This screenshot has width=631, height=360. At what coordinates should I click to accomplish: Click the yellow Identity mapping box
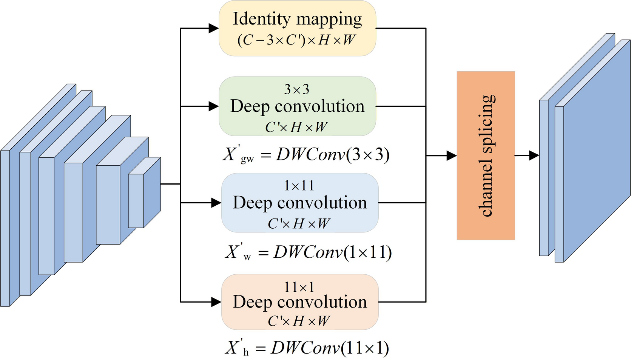297,28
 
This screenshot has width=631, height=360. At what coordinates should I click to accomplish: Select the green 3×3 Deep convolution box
297,106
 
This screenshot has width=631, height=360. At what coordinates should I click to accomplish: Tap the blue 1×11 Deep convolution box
299,203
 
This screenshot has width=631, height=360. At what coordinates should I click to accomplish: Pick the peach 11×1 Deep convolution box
299,302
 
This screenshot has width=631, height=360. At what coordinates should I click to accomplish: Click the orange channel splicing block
486,155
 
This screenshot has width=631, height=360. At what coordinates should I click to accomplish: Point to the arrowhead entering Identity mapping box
214,28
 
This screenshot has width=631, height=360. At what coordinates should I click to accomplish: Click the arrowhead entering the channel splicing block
452,155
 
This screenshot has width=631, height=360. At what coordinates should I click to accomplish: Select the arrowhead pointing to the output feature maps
534,155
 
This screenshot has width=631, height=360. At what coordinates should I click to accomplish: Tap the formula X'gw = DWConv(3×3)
306,155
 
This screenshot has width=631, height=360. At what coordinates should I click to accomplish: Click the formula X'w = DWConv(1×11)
308,252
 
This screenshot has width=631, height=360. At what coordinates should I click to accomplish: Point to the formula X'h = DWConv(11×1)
307,348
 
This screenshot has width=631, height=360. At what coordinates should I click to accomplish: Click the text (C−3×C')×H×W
296,40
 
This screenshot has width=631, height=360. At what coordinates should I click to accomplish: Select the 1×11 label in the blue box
299,186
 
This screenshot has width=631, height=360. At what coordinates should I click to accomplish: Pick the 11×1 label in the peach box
299,287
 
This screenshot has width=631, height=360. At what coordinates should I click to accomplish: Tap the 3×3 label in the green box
297,89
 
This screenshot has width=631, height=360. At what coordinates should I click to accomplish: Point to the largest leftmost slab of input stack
5,228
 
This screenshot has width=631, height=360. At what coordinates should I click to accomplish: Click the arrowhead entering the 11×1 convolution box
216,302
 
